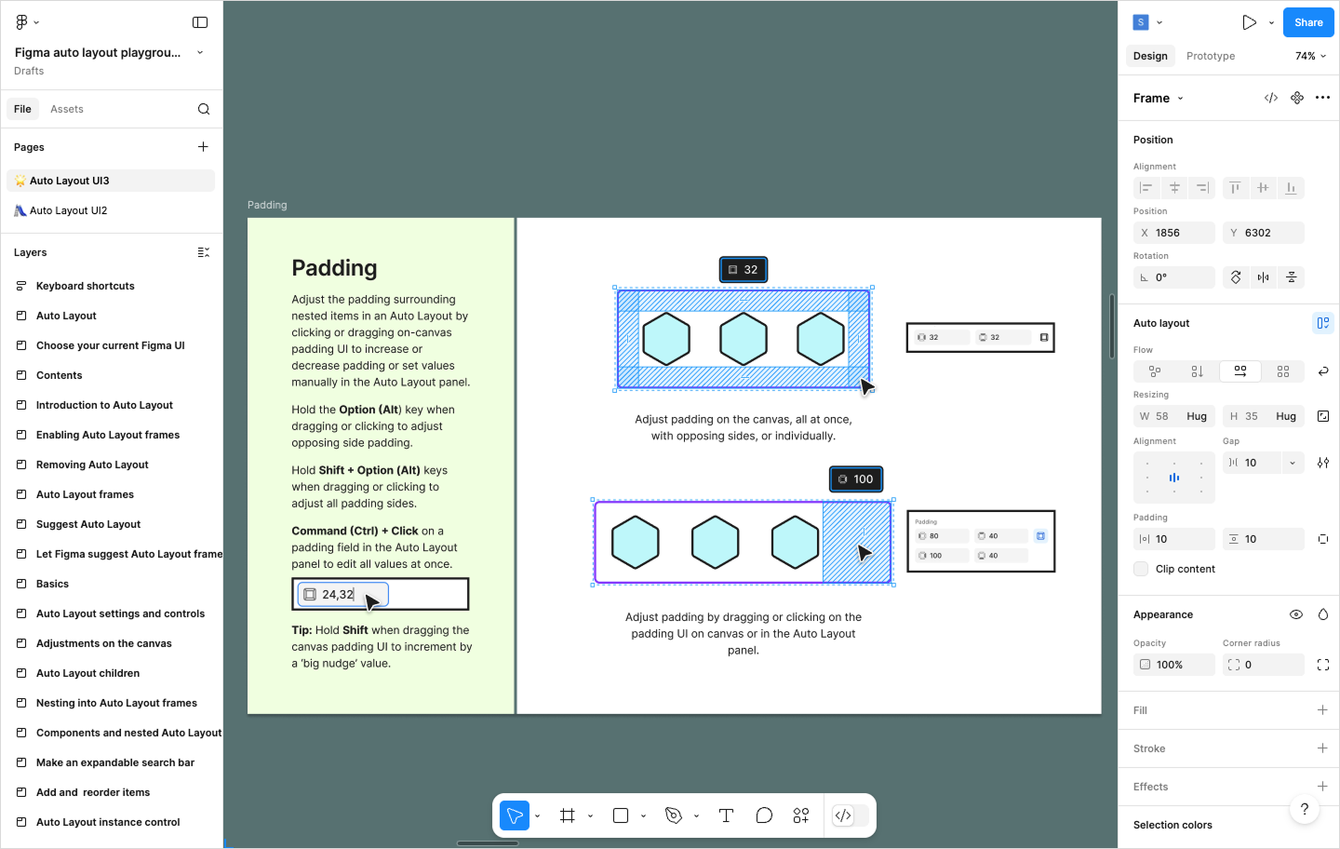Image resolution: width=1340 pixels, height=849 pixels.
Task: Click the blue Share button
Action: [x=1307, y=22]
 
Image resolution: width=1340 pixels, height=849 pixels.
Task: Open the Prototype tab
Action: [x=1210, y=56]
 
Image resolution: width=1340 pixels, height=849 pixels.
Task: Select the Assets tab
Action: [x=67, y=109]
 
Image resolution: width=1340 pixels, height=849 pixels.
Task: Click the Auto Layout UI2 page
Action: [x=69, y=210]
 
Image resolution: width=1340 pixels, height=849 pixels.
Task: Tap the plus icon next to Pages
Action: [x=203, y=147]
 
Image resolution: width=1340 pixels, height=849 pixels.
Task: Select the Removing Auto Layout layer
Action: [x=92, y=465]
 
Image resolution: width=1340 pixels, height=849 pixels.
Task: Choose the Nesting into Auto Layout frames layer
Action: [x=116, y=703]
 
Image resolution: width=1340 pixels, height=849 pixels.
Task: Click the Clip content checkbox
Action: [x=1141, y=569]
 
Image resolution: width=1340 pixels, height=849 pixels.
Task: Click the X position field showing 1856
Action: [x=1174, y=233]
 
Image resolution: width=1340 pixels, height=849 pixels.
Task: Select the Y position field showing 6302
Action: [x=1264, y=233]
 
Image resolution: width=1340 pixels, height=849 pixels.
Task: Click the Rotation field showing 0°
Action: [x=1174, y=277]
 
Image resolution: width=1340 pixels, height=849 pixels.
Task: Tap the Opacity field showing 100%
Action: [x=1174, y=665]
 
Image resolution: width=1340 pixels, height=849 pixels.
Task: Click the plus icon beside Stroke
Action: [x=1322, y=748]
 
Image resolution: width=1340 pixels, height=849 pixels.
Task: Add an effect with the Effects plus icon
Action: [x=1322, y=787]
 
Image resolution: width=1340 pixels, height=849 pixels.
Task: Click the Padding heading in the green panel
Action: [x=334, y=268]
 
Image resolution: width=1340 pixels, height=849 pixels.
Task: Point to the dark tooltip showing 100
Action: [x=856, y=479]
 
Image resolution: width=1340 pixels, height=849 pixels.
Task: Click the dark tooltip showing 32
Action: [x=743, y=270]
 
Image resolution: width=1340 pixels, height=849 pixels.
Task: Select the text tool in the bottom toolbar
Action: [x=726, y=815]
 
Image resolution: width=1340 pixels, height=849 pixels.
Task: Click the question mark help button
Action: [x=1305, y=809]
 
